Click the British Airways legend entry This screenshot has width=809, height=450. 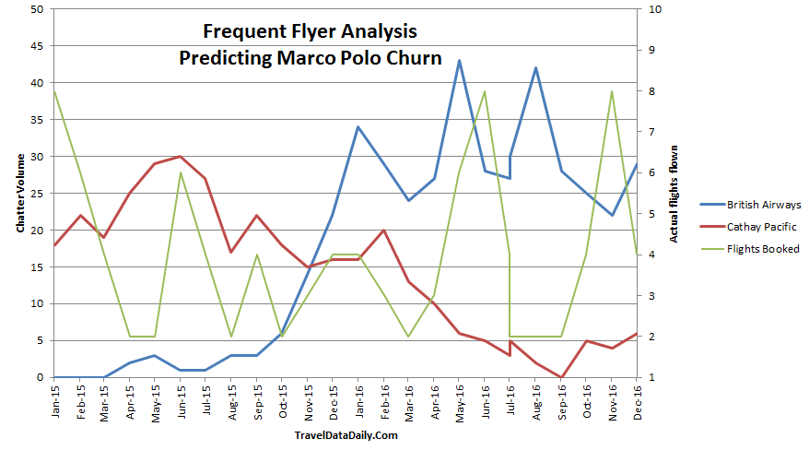763,205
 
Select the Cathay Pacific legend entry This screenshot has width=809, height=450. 760,227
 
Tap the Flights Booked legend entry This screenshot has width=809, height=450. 763,249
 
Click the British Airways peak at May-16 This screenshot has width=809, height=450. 459,61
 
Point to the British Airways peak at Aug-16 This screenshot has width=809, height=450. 535,68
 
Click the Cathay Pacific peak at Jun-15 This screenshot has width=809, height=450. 181,157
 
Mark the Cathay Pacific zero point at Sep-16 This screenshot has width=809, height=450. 561,377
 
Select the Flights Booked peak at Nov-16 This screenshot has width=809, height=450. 612,91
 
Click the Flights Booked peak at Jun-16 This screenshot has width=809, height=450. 485,91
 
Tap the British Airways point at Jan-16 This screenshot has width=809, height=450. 358,127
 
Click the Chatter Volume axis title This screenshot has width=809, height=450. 19,194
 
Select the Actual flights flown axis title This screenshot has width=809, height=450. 674,194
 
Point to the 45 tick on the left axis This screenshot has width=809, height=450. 36,46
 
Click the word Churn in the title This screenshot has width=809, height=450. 416,58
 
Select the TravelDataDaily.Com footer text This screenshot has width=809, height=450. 346,435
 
